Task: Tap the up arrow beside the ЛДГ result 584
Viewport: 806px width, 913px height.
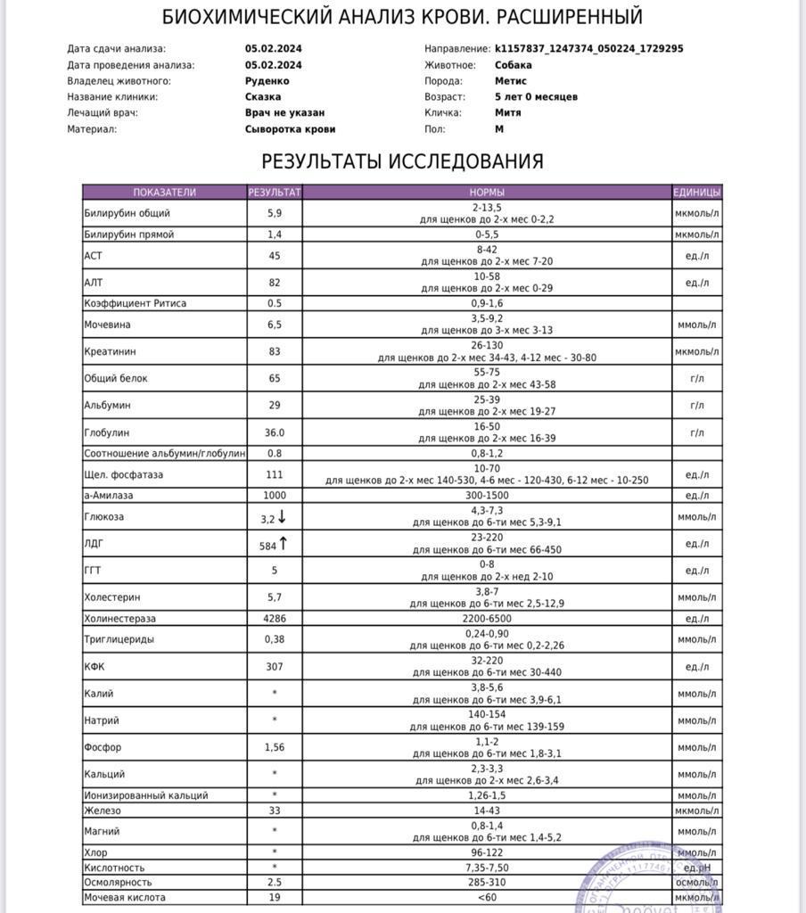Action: tap(284, 544)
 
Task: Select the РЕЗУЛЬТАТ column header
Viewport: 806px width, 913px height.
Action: tap(275, 192)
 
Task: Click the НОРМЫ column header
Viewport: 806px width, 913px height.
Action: tap(487, 192)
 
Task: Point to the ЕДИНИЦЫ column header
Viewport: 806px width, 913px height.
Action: tap(696, 192)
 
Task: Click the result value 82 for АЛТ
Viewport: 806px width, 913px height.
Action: tap(275, 283)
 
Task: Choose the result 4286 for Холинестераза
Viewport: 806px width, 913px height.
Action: tap(275, 618)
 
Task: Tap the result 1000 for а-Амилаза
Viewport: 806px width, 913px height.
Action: tap(275, 495)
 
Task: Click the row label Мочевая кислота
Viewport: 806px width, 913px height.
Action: tap(125, 897)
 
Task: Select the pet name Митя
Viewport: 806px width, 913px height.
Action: tap(508, 113)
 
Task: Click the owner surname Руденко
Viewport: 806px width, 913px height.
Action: tap(267, 81)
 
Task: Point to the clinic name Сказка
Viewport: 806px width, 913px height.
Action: tap(263, 97)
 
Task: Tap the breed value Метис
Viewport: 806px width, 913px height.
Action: tap(511, 81)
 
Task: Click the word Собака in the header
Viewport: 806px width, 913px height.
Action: tap(514, 65)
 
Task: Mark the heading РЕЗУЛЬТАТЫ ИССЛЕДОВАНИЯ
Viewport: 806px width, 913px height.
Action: tap(402, 161)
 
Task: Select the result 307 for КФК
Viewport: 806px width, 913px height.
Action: tap(275, 666)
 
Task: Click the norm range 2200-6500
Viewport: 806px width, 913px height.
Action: tap(487, 618)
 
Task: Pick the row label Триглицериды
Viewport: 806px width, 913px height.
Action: tap(119, 639)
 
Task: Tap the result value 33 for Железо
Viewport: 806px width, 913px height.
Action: tap(275, 810)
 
